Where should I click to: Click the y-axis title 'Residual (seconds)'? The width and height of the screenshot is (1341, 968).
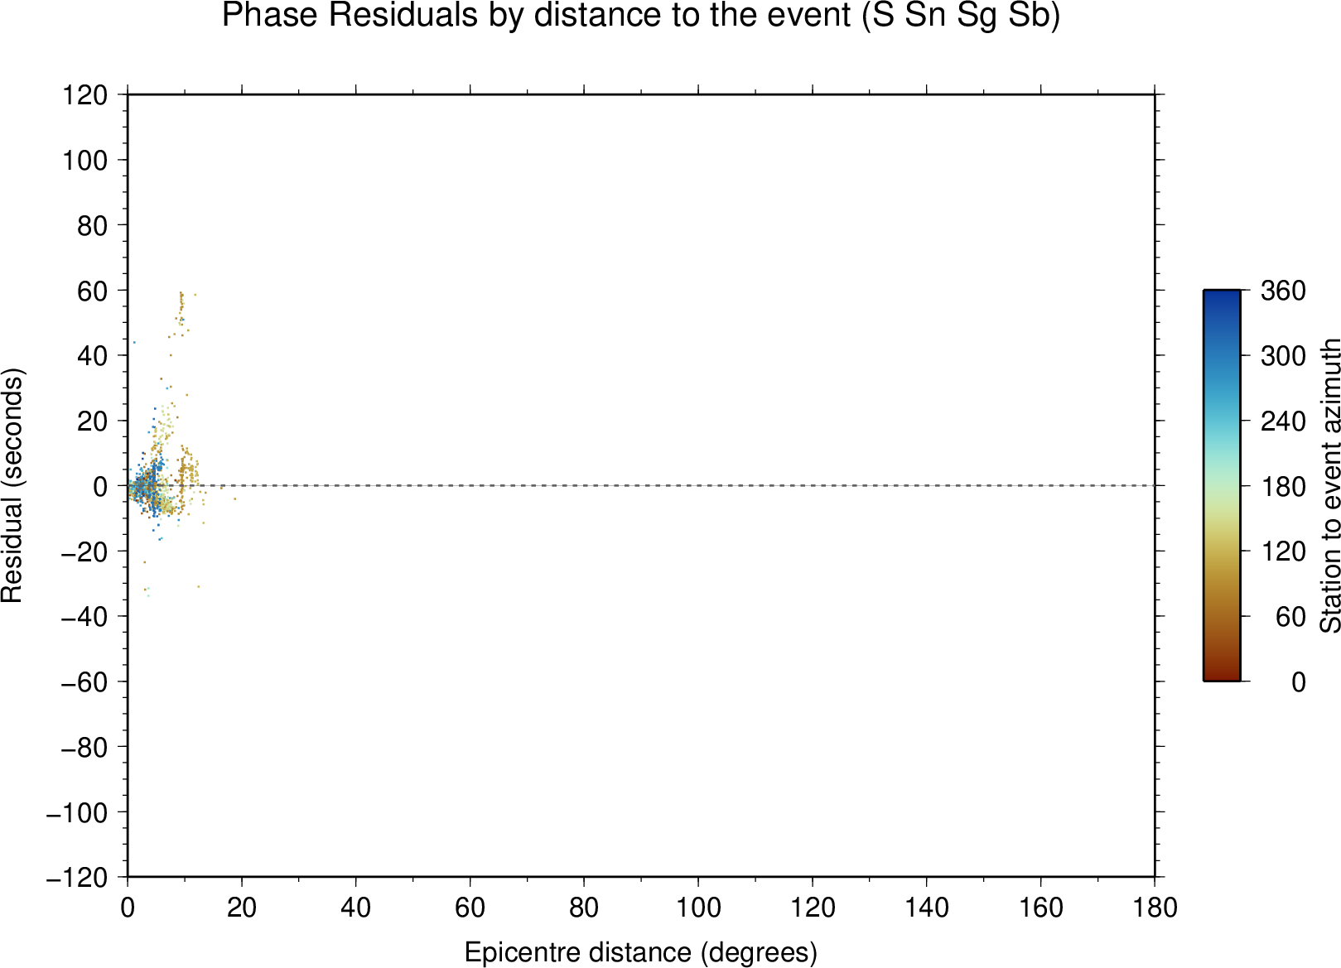tap(12, 485)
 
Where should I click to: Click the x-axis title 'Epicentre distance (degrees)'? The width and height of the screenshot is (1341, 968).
tap(640, 951)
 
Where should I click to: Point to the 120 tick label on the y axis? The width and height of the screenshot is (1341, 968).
tap(85, 94)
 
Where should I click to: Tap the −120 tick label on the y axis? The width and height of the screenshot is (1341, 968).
tap(77, 878)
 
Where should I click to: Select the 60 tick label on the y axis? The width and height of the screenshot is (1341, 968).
tap(92, 291)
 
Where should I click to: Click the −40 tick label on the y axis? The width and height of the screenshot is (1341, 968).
tap(84, 617)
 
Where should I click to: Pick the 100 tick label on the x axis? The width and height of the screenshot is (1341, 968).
tap(698, 908)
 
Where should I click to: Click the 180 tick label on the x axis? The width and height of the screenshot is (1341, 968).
tap(1155, 908)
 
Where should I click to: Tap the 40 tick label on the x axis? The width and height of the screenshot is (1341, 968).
tap(355, 908)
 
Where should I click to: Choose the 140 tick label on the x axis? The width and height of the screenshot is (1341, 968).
tap(926, 908)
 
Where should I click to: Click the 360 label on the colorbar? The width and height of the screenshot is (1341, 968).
tap(1283, 291)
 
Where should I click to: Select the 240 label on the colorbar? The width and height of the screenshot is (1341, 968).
tap(1283, 421)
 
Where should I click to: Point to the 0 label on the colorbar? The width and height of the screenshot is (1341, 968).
tap(1298, 681)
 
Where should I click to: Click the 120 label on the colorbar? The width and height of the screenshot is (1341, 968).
tap(1283, 551)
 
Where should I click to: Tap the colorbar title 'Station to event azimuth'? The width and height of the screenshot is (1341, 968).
tap(1329, 485)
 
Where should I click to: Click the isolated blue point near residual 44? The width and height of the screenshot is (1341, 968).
tap(134, 343)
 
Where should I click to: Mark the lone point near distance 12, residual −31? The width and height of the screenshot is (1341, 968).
tap(198, 586)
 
